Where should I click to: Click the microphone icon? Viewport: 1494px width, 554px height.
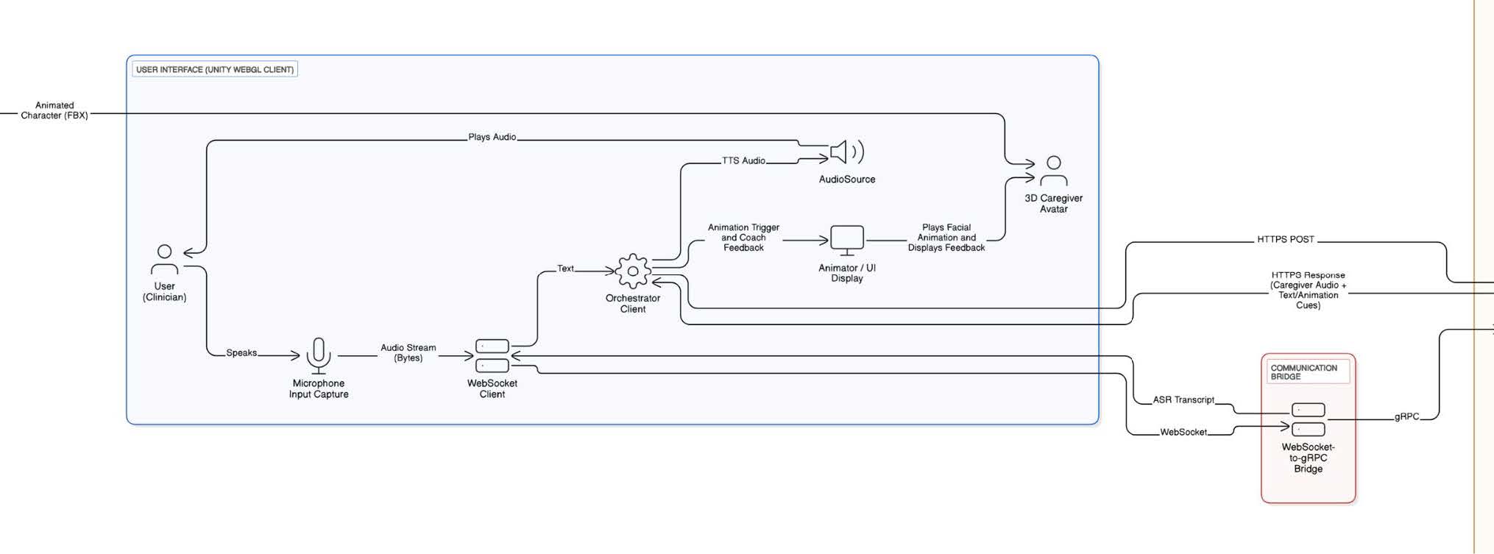point(319,355)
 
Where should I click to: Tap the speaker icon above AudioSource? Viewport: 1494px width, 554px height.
point(846,152)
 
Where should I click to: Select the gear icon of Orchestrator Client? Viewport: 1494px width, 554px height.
point(633,271)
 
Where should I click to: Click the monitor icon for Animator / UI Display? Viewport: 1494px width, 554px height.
point(846,240)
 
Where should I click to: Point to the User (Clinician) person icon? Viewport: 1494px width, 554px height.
point(164,260)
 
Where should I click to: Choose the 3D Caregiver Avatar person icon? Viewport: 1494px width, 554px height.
point(1053,171)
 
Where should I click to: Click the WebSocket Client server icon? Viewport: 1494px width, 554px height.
point(492,355)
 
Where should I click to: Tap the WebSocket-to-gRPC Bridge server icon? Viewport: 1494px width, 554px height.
point(1308,419)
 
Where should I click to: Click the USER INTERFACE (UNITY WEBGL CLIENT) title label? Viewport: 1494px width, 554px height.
point(215,70)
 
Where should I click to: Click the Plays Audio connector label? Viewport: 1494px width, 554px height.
point(492,137)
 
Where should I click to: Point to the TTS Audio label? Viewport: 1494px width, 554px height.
point(743,160)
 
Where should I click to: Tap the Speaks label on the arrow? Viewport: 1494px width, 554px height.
point(241,353)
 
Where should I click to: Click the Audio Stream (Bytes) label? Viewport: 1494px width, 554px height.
point(408,352)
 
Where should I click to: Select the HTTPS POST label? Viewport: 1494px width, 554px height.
point(1285,239)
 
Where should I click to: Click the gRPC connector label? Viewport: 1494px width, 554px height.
point(1406,416)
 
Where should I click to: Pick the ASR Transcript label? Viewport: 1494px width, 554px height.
point(1183,399)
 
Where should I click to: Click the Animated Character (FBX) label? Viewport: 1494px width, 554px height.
point(54,110)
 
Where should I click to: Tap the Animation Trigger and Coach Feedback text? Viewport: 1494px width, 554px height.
point(743,238)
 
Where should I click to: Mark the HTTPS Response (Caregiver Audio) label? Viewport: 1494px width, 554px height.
point(1307,290)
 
